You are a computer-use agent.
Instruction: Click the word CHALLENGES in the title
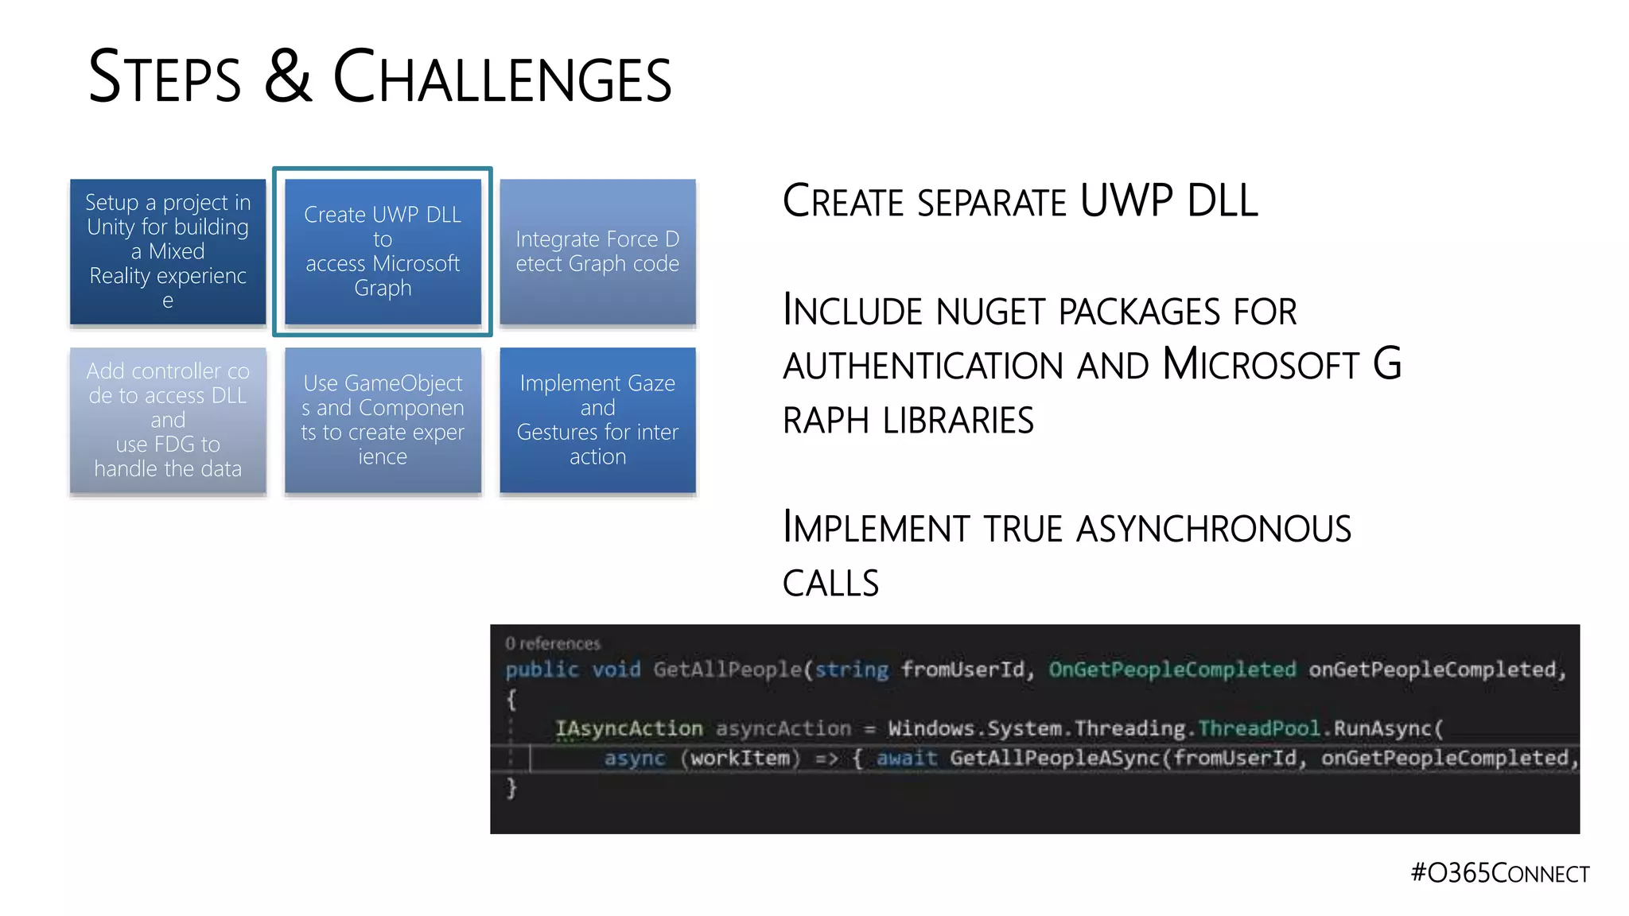[x=502, y=77]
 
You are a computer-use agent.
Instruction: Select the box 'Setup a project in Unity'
[x=168, y=251]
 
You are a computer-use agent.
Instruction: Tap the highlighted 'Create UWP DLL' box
[x=383, y=251]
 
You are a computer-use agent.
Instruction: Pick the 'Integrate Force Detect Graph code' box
[x=597, y=251]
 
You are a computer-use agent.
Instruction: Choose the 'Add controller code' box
[x=168, y=420]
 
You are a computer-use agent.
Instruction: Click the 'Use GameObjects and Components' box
[x=383, y=420]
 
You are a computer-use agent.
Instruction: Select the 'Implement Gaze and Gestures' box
[x=597, y=420]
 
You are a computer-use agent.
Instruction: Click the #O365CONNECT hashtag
[x=1499, y=872]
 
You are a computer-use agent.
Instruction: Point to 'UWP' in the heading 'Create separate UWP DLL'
[x=1125, y=200]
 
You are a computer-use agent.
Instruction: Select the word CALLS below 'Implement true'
[x=830, y=584]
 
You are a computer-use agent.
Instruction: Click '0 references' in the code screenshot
[x=553, y=643]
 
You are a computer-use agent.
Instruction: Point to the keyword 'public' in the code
[x=542, y=670]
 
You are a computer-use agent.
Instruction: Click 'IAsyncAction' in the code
[x=628, y=728]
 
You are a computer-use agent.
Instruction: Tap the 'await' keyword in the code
[x=907, y=758]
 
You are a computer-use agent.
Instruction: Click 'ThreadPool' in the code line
[x=1258, y=728]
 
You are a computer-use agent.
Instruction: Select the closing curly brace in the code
[x=511, y=788]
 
